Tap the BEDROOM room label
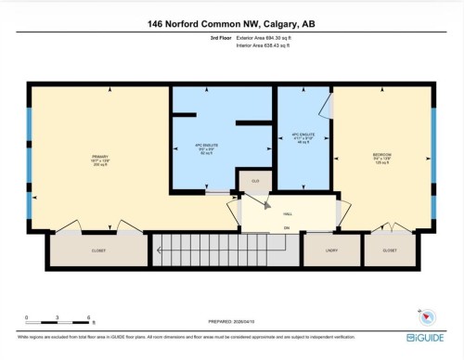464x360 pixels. point(382,154)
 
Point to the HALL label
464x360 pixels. point(288,212)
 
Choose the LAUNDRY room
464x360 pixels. point(332,250)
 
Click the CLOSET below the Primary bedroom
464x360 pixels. point(98,250)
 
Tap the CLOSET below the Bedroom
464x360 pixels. point(389,250)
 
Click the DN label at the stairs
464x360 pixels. point(287,228)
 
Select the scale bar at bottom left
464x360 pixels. point(58,323)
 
